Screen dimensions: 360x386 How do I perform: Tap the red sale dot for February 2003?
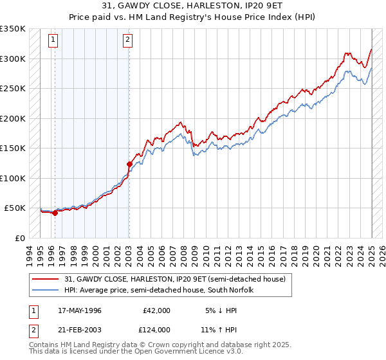tap(129, 164)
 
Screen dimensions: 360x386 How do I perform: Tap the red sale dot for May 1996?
tap(55, 213)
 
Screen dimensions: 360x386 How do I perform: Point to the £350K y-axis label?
tap(13, 29)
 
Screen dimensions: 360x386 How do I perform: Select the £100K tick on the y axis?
tap(13, 178)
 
